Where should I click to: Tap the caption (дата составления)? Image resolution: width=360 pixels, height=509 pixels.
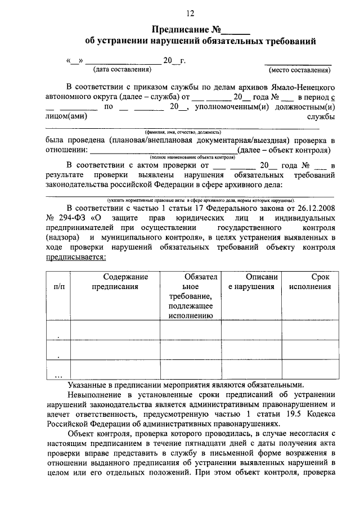123,70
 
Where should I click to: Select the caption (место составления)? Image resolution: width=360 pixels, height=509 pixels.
299,70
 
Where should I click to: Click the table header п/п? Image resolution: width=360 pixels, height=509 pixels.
58,286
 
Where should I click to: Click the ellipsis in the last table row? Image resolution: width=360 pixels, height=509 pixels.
58,375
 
